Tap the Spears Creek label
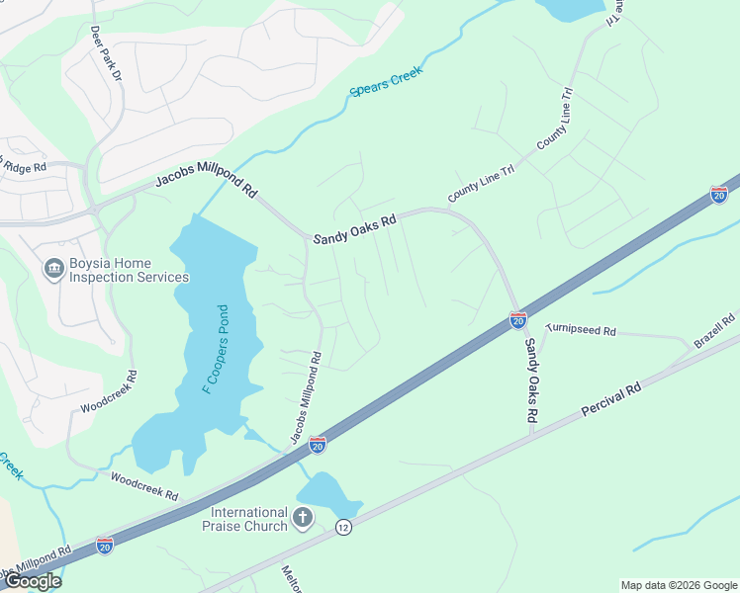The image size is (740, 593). coord(386,82)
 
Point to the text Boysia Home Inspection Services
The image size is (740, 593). coord(129,270)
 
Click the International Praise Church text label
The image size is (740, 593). coord(248,519)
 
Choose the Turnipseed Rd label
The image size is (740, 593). coord(581,329)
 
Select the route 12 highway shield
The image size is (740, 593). coord(343,528)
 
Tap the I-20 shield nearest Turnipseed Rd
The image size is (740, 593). coord(517,319)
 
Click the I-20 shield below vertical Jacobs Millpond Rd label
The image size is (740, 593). coord(318,445)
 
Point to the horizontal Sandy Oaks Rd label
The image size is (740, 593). coord(354,230)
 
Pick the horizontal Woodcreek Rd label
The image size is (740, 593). coord(144,484)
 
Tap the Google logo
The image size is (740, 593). coord(32,581)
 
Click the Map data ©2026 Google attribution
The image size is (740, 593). coord(678,585)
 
